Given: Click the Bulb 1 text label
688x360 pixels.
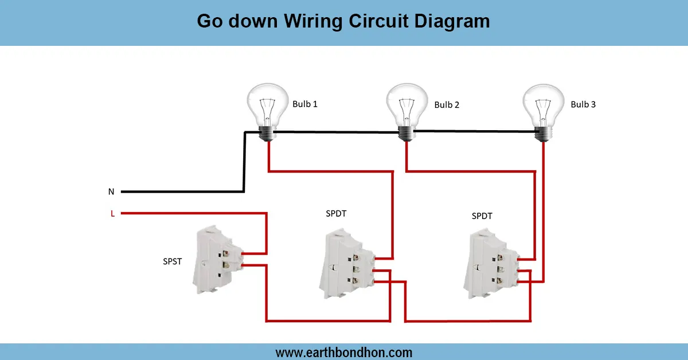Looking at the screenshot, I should [305, 104].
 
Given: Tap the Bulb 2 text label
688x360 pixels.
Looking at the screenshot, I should [447, 105].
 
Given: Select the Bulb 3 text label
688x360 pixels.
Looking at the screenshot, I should [583, 104].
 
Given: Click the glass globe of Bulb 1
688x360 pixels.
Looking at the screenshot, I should [267, 104].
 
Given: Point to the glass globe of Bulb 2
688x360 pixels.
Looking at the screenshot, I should [407, 104].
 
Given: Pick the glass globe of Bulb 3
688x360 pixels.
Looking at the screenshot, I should [543, 104].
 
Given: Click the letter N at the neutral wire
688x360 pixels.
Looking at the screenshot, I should [111, 191].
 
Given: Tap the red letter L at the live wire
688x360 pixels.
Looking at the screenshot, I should [112, 214].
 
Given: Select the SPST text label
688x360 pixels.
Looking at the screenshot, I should [172, 261].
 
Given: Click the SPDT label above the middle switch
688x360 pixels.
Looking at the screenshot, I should [336, 213].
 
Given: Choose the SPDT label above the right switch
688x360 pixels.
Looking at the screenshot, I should [482, 216].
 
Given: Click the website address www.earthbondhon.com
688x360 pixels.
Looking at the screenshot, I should [343, 352].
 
